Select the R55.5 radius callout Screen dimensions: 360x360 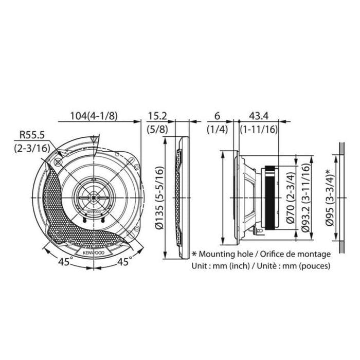pos(32,135)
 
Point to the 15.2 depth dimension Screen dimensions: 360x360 pos(156,116)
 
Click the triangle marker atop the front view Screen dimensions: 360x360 pos(93,139)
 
